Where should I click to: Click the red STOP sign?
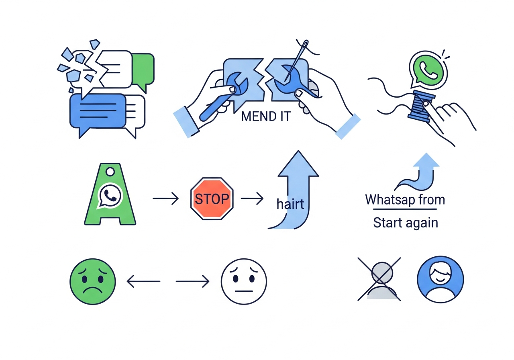click(212, 198)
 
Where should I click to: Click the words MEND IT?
click(265, 117)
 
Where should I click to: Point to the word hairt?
click(290, 204)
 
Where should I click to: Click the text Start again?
click(405, 223)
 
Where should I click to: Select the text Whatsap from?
click(405, 200)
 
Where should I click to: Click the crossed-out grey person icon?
click(379, 280)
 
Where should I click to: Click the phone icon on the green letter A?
click(109, 195)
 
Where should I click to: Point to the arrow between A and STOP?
click(165, 198)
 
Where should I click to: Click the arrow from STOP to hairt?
click(251, 198)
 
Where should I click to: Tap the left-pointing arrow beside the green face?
click(143, 281)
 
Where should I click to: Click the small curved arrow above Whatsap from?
click(418, 170)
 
